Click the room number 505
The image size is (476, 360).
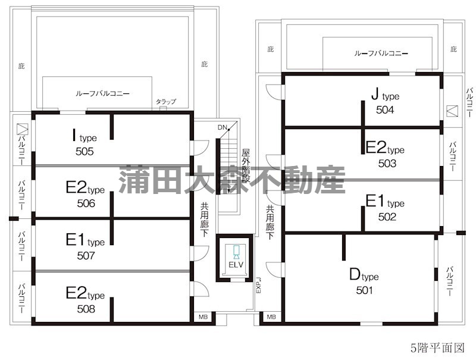click(84, 151)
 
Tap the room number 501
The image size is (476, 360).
click(364, 290)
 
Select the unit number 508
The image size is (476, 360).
click(86, 309)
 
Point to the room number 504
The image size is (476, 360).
click(384, 109)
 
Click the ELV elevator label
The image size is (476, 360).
click(236, 265)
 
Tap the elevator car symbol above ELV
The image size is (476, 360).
click(236, 252)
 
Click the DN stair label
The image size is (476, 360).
click(222, 127)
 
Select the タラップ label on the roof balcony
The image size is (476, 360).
click(166, 101)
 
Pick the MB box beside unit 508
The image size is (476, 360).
click(203, 317)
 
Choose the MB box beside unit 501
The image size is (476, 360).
click(271, 317)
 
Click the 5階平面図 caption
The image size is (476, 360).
click(437, 348)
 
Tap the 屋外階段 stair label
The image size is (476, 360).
click(246, 165)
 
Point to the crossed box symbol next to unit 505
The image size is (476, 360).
click(23, 129)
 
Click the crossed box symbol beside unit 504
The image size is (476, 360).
click(452, 111)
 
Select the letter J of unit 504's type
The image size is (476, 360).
click(375, 94)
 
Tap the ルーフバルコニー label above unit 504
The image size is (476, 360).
click(381, 54)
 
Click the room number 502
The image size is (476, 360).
click(387, 217)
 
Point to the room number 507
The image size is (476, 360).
click(86, 256)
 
